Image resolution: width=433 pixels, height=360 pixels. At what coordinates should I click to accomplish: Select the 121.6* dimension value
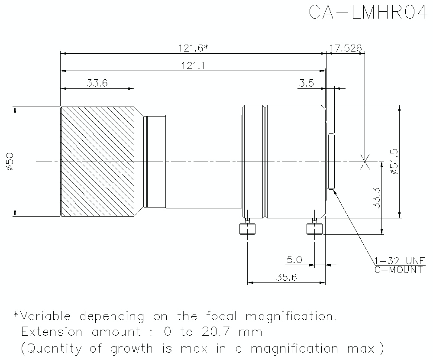(193, 49)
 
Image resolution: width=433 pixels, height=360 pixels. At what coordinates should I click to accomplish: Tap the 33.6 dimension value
(97, 83)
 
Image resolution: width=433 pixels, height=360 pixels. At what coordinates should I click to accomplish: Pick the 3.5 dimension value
(307, 83)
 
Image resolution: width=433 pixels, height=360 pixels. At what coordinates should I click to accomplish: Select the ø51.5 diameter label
(394, 161)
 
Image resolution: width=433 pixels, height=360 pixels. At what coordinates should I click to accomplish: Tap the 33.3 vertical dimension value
(376, 198)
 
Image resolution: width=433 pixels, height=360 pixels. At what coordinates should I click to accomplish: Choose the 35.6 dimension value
(286, 278)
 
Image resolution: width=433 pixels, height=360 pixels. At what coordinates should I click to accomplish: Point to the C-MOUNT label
(398, 270)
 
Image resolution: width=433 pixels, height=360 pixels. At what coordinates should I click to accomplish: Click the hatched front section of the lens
(97, 161)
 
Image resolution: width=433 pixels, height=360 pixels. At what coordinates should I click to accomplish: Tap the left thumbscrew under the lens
(247, 228)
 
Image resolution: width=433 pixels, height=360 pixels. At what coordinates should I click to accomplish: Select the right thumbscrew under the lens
(314, 228)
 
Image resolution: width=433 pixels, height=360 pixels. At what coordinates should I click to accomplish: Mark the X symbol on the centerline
(365, 162)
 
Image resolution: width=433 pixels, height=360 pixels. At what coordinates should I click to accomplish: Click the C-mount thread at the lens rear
(331, 162)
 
